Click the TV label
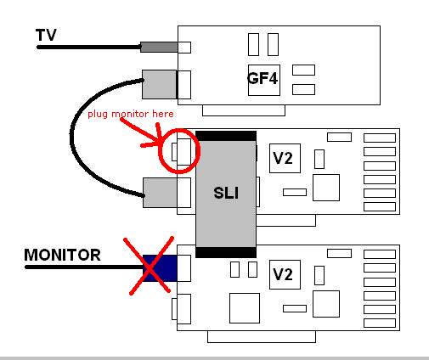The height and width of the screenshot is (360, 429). [46, 35]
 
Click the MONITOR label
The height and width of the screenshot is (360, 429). [62, 255]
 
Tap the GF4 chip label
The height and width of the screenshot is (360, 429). [262, 78]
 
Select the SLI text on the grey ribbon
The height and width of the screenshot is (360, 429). [226, 193]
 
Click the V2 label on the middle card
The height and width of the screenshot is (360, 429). [283, 158]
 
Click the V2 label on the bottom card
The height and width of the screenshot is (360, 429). [283, 274]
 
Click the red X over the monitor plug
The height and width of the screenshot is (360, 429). [149, 266]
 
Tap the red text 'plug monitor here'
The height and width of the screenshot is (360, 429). [131, 114]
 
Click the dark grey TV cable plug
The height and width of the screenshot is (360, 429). [159, 47]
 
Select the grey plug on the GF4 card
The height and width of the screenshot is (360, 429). [159, 84]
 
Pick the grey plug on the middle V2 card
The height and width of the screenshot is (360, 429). [161, 193]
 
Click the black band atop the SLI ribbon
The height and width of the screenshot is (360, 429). [226, 136]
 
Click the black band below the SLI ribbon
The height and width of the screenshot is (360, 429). [226, 252]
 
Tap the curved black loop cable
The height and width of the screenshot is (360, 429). [71, 138]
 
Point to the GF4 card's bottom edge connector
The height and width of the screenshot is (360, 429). [244, 110]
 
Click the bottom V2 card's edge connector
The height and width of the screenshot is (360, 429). [262, 336]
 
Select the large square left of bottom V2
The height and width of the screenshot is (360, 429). [245, 308]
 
